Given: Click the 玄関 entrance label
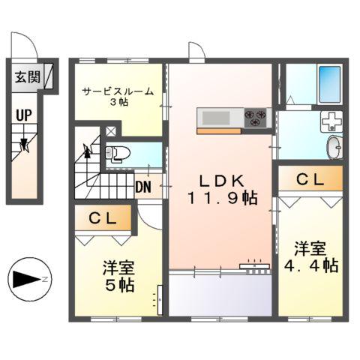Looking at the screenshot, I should point(24,76).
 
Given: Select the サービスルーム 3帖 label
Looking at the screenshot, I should point(118,96).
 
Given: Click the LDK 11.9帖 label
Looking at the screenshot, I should point(222,189).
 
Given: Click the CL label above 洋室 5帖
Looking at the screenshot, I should point(103,219).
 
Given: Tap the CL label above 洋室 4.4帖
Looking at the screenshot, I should point(310,180).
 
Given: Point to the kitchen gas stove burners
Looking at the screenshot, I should point(255,116).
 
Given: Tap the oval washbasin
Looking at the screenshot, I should point(334,147).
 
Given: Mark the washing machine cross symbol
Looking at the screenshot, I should point(331,121).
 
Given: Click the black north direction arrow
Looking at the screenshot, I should point(27,279).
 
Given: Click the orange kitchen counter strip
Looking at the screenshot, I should point(219,130).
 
